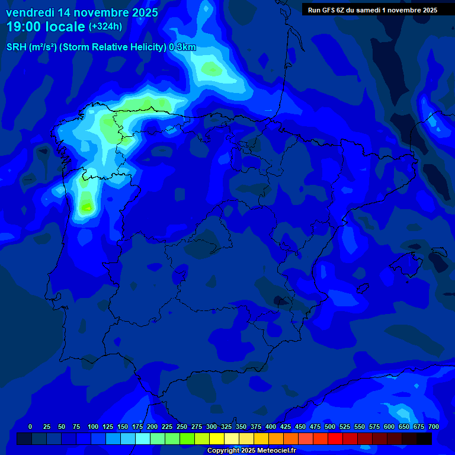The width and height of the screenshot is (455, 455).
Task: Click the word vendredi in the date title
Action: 29,12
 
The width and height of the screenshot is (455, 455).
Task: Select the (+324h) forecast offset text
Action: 105,27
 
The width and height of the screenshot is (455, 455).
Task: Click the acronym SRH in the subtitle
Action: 17,47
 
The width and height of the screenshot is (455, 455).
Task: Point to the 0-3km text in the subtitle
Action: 182,47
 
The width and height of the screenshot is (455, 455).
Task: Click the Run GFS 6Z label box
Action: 372,10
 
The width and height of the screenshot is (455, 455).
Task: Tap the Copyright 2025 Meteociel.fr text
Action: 251,451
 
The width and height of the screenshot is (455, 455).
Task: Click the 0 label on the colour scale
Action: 30,427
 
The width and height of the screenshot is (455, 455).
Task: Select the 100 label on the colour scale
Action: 92,427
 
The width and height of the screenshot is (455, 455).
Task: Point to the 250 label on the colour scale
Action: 181,427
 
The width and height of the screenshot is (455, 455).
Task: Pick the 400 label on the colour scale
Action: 270,427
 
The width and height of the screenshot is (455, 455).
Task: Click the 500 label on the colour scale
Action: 329,427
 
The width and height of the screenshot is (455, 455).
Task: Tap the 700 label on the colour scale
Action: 433,427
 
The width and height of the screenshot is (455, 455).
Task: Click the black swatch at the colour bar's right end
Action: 424,438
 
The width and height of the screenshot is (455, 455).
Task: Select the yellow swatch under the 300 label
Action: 217,438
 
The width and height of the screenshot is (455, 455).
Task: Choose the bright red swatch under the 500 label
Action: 335,438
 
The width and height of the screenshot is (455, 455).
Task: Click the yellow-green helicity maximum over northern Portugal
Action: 87,207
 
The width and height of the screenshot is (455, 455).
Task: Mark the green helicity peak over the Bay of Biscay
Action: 212,70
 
